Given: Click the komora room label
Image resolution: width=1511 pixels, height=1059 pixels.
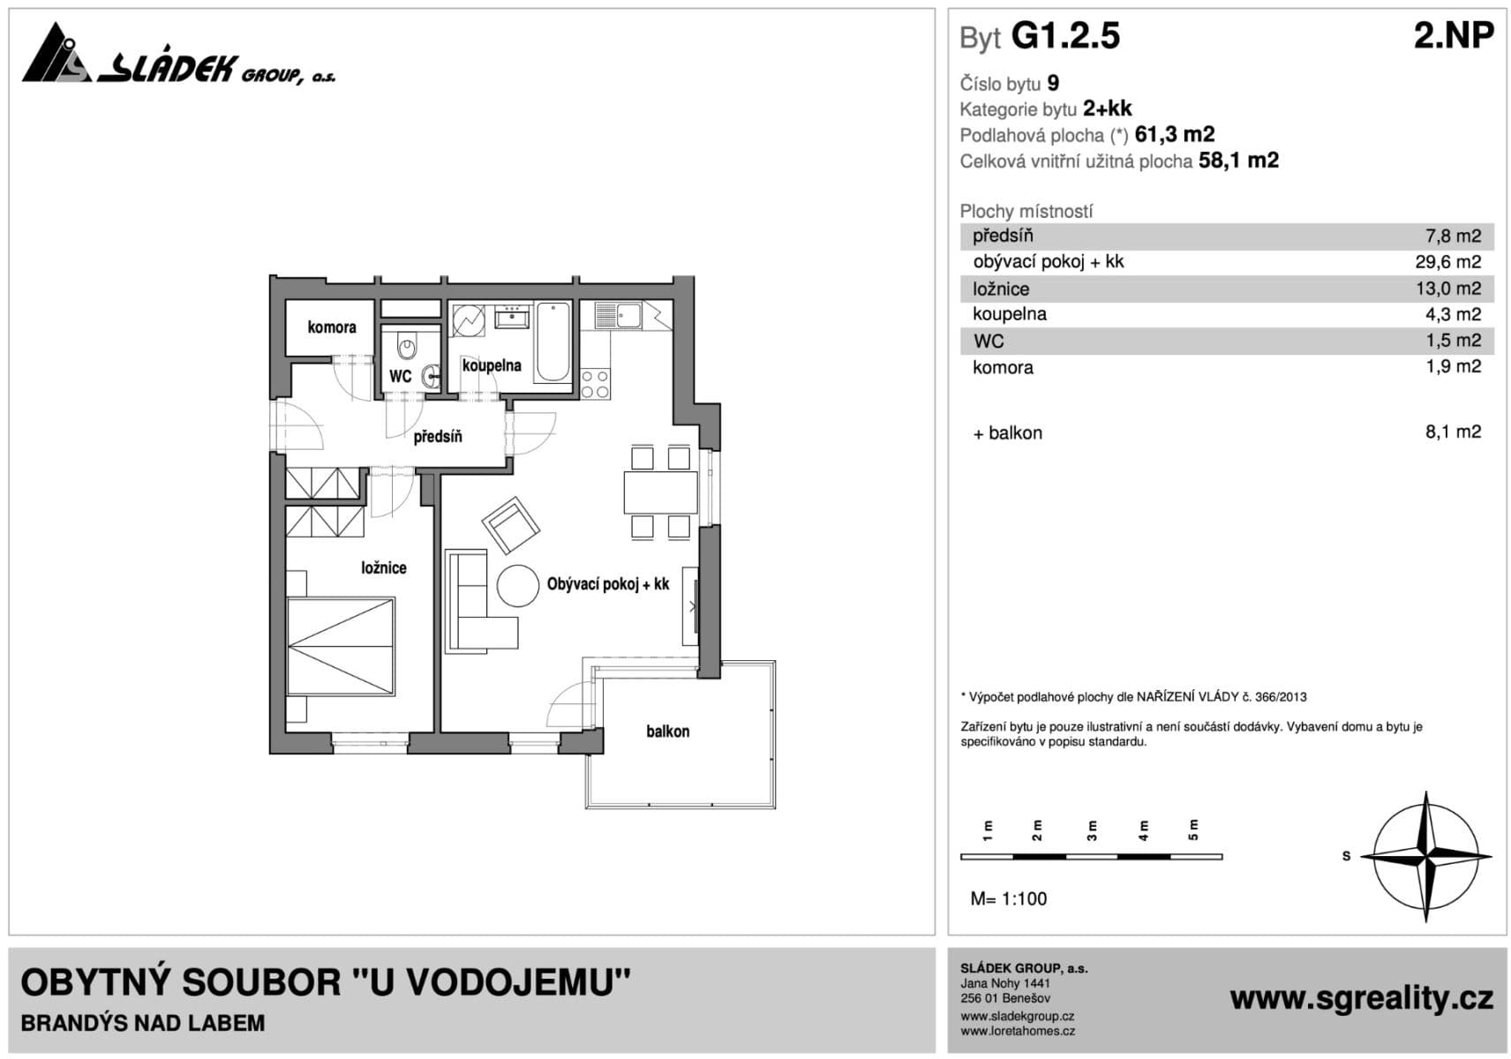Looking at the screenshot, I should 332,327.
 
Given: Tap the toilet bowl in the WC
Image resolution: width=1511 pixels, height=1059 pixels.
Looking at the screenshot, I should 406,346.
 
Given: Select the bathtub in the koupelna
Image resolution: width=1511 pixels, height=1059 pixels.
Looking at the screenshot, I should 553,342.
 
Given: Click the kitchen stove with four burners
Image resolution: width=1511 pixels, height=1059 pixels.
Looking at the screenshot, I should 596,385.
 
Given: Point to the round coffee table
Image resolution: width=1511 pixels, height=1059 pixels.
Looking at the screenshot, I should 517,586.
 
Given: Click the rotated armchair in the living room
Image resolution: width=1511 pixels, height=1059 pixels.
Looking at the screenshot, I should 510,526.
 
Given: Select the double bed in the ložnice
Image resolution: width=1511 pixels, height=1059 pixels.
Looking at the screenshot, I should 341,648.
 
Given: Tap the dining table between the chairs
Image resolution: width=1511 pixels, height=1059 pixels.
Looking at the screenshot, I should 660,492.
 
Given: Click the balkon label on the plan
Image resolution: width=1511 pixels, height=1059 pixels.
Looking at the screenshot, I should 667,732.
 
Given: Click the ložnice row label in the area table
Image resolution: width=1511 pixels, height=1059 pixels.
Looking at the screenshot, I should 1001,289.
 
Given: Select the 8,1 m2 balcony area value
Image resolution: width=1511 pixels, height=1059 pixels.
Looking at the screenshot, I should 1453,432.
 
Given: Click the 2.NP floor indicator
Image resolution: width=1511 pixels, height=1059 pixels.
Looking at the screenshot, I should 1453,36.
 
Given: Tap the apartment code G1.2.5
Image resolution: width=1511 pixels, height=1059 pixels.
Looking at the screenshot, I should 1065,36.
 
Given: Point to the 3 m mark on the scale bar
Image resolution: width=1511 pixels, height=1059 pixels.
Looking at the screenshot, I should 1092,830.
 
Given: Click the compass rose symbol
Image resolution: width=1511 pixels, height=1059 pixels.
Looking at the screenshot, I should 1425,857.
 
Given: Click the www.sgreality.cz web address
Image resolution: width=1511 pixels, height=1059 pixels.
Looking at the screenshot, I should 1361,998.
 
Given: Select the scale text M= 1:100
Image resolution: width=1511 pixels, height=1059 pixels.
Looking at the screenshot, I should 1009,898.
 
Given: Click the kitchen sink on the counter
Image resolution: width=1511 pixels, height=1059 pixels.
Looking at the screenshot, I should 629,314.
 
